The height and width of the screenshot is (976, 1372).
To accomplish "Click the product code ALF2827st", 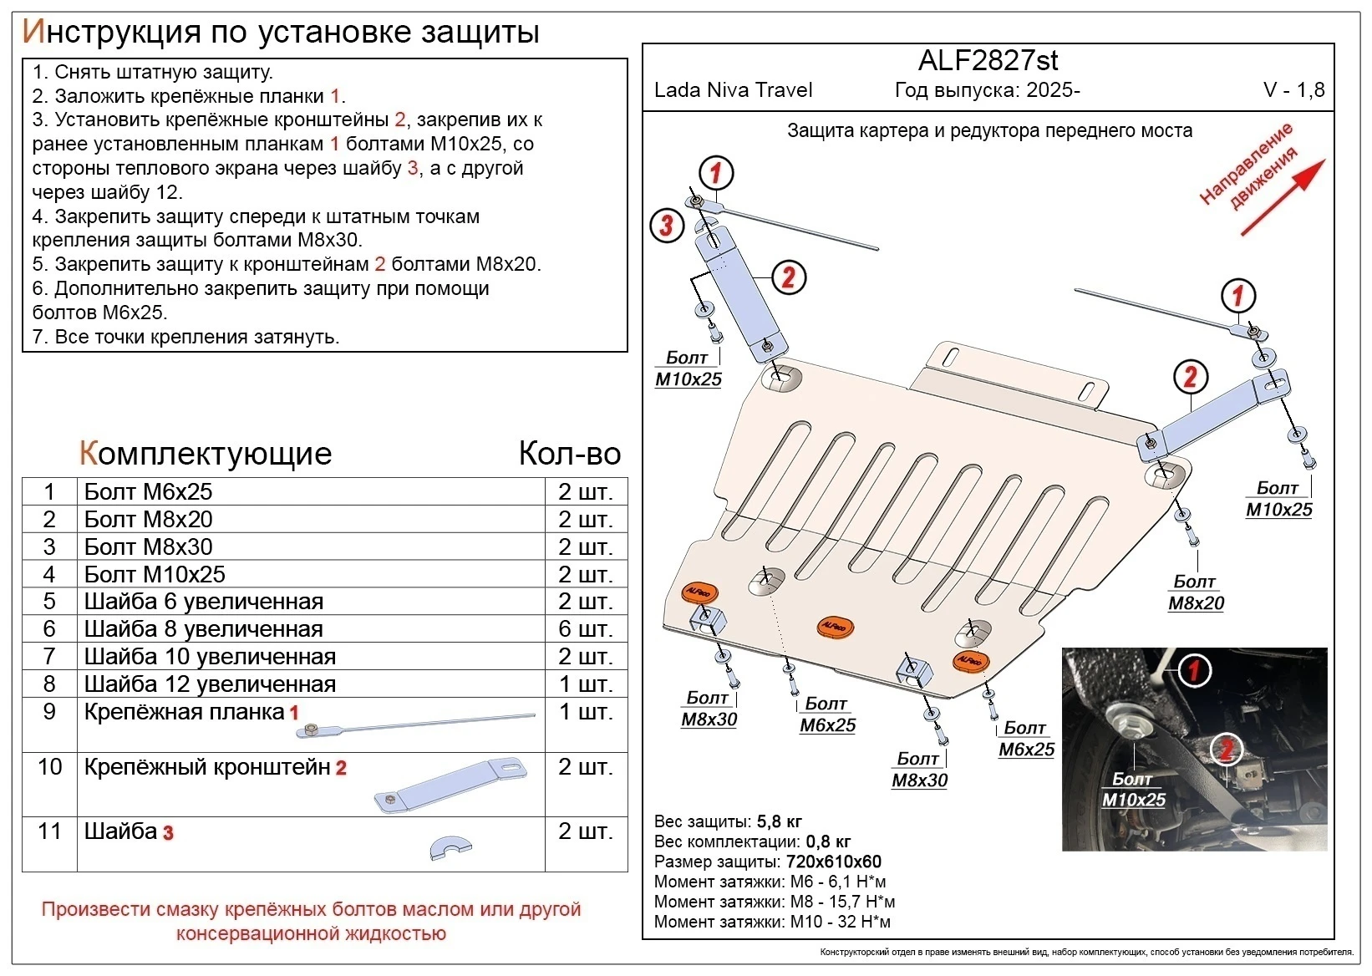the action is coord(988,60).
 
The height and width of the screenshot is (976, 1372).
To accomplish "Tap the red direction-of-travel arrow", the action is coord(1283,197).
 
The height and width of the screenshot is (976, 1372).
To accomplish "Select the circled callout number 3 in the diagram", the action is coord(667,225).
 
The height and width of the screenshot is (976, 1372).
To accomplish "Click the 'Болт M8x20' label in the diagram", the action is coord(1196,592).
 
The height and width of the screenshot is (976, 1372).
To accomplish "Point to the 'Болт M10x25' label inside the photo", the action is coord(1133,789).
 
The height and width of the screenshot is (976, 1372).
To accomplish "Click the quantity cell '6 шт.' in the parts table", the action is coord(586,628).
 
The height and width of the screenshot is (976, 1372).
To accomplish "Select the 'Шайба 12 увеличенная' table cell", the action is coord(210,684).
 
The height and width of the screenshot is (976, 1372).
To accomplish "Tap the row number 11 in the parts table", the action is coord(49,831).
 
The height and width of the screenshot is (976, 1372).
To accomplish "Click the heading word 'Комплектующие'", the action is coord(206,454).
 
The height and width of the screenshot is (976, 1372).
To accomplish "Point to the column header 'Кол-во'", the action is coord(570,454).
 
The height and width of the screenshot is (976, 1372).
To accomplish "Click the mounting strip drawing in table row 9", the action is coord(416,724).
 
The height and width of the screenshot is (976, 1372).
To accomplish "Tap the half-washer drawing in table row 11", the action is coord(451,848).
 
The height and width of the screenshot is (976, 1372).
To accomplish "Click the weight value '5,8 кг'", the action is coord(779,821).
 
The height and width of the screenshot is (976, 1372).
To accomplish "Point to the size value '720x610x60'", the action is coord(833,862).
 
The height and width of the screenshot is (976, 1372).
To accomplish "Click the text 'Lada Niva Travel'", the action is coord(733,90).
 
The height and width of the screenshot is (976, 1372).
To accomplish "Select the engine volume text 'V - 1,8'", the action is coord(1293,90).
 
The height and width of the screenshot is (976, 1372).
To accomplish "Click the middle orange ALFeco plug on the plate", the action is coord(835,627).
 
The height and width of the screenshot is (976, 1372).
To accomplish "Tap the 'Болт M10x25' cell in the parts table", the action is coord(155,574).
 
